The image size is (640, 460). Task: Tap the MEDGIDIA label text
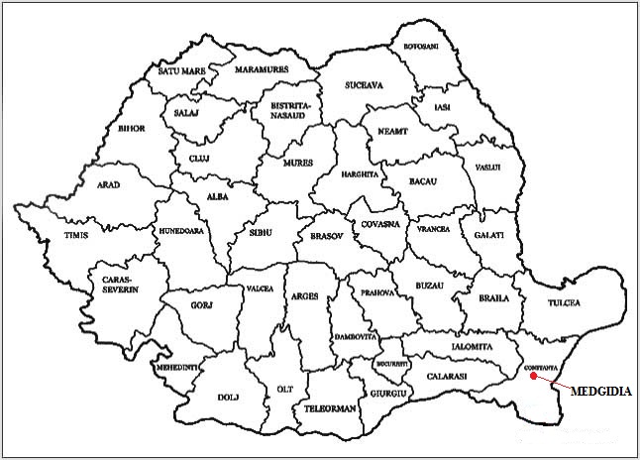pos(600,392)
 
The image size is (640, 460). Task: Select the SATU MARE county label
pos(180,70)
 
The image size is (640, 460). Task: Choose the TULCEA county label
pos(561,301)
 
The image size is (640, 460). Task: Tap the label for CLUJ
pos(200,158)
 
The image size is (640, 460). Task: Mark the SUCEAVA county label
pos(364,86)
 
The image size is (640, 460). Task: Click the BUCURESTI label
pos(393,365)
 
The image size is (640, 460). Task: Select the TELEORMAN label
pos(331,406)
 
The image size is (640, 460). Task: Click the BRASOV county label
pos(325,238)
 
